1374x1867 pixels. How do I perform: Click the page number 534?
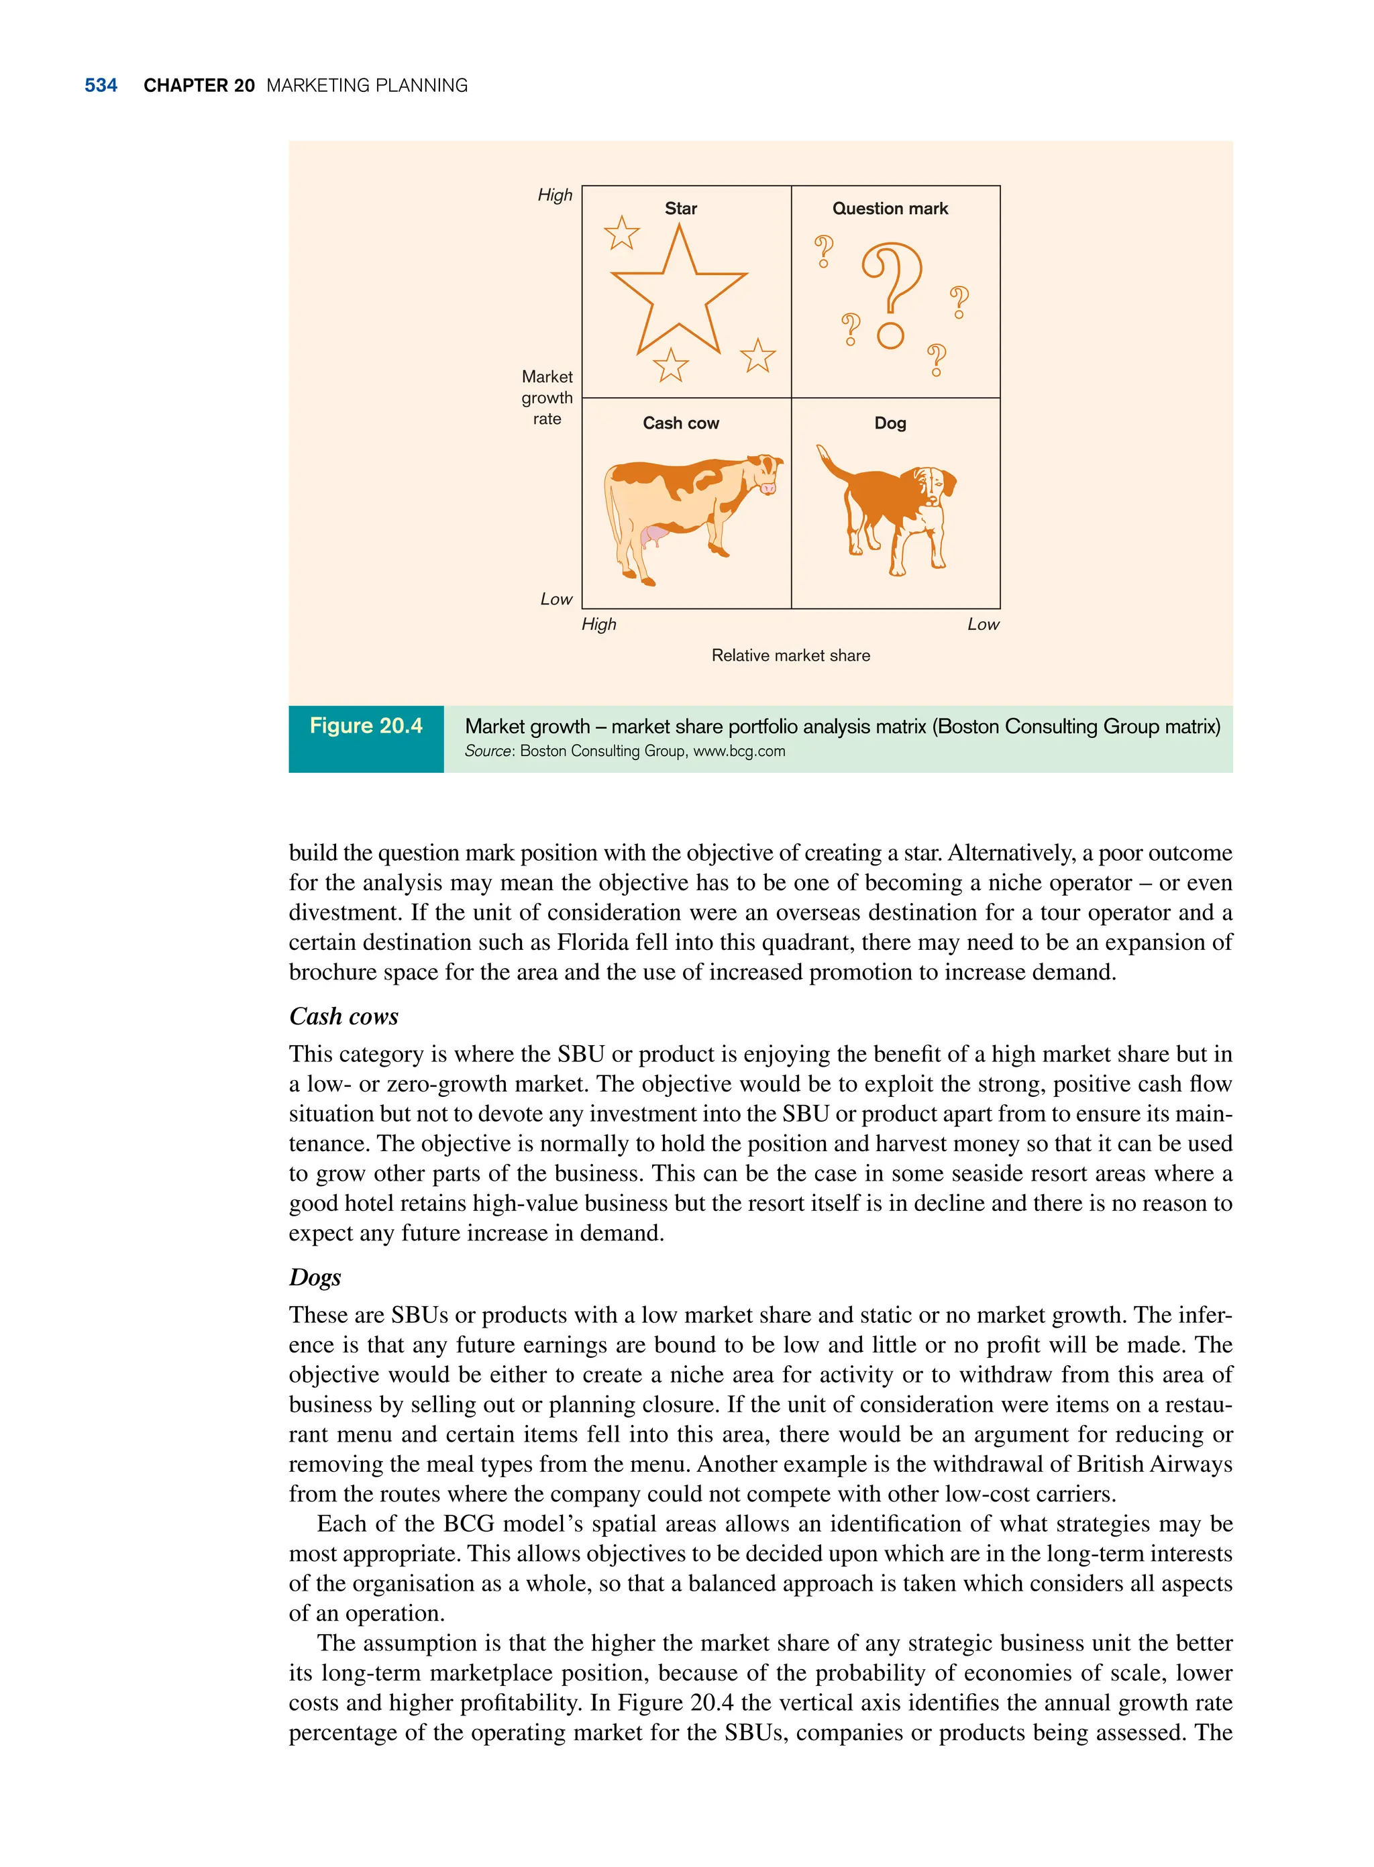[x=101, y=86]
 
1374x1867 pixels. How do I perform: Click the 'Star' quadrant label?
[x=680, y=209]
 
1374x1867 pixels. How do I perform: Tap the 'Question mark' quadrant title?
[x=890, y=209]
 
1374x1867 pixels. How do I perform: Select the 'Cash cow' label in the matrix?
[x=680, y=423]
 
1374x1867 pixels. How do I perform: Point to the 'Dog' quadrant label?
[x=890, y=423]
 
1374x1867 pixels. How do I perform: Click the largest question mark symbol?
[x=892, y=282]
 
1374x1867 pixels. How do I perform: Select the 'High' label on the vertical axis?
[x=555, y=195]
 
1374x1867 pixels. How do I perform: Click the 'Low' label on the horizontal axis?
[x=982, y=625]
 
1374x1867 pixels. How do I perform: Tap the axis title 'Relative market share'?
[x=790, y=655]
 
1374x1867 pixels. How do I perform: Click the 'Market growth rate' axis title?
[x=546, y=398]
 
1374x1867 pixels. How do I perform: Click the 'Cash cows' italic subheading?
[x=343, y=1016]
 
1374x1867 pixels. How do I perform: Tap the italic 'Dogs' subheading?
[x=315, y=1277]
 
